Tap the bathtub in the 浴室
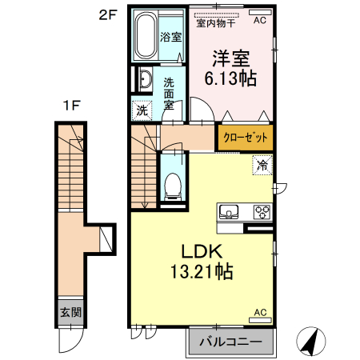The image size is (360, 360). pos(145,37)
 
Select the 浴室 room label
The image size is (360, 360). pos(170,38)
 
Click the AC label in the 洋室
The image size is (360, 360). pos(260,22)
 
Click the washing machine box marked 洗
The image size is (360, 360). pos(141,110)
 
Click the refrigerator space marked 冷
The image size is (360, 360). pos(262,166)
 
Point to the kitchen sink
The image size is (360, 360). pos(230,213)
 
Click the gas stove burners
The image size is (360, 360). pos(262,212)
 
